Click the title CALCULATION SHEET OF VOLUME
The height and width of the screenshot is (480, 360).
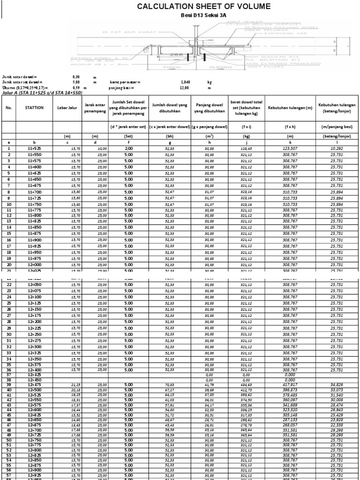tap(203, 6)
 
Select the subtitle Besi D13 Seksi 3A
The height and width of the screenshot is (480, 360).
tap(203, 15)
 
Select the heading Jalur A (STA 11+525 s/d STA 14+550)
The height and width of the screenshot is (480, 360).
tap(42, 92)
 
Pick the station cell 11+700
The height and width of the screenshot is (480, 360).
tap(35, 192)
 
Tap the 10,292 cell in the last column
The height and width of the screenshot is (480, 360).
tap(336, 148)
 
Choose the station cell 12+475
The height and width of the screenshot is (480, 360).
tap(35, 385)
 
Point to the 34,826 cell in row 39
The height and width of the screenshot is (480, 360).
tap(336, 385)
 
